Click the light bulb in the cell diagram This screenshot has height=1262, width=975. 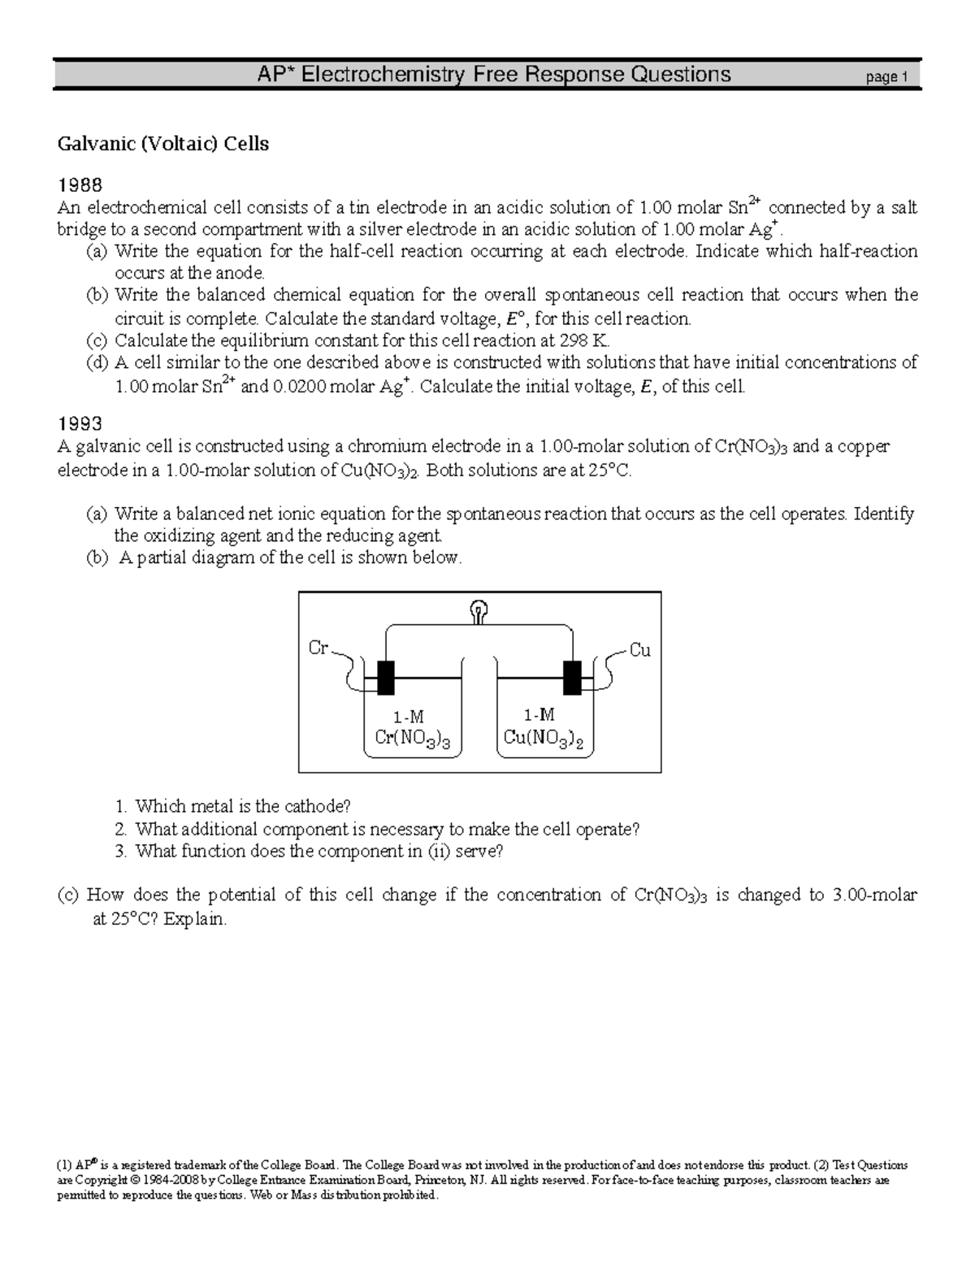point(479,610)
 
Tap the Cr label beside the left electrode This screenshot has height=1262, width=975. point(318,648)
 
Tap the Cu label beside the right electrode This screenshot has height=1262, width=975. point(640,650)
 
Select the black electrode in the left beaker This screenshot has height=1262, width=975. point(385,677)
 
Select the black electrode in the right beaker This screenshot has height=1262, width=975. point(573,677)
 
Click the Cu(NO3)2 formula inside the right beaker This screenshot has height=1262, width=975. point(544,738)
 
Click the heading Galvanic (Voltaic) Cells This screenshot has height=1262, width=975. point(162,145)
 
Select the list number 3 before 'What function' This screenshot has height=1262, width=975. point(120,851)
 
